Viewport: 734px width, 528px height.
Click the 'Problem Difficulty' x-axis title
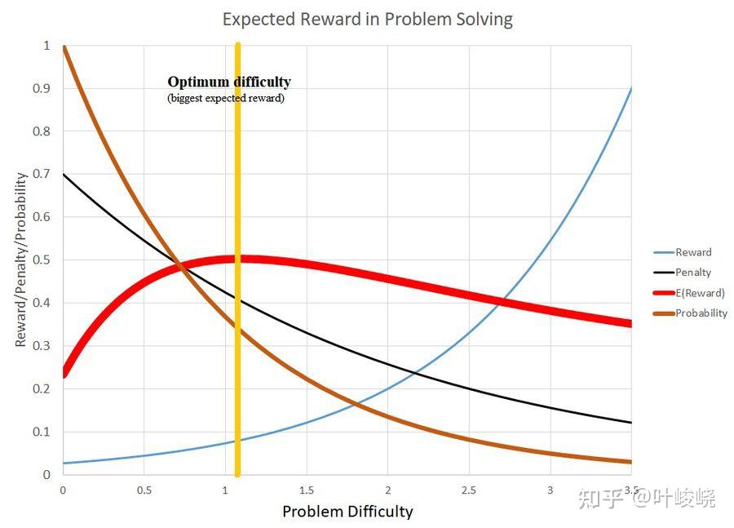click(x=347, y=512)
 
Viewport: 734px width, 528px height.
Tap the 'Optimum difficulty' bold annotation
click(x=229, y=82)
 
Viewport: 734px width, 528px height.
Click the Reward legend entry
click(x=693, y=252)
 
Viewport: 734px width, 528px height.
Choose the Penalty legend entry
click(x=693, y=273)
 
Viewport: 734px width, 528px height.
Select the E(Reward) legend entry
click(x=699, y=293)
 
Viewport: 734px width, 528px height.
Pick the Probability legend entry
click(x=701, y=313)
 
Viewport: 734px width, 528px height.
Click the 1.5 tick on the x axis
click(x=306, y=490)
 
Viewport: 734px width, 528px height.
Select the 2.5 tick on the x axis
click(x=469, y=490)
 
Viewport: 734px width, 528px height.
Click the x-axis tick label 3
click(x=550, y=490)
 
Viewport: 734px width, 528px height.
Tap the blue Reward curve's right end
click(x=630, y=88)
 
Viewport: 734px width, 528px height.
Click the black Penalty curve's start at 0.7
click(x=64, y=174)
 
